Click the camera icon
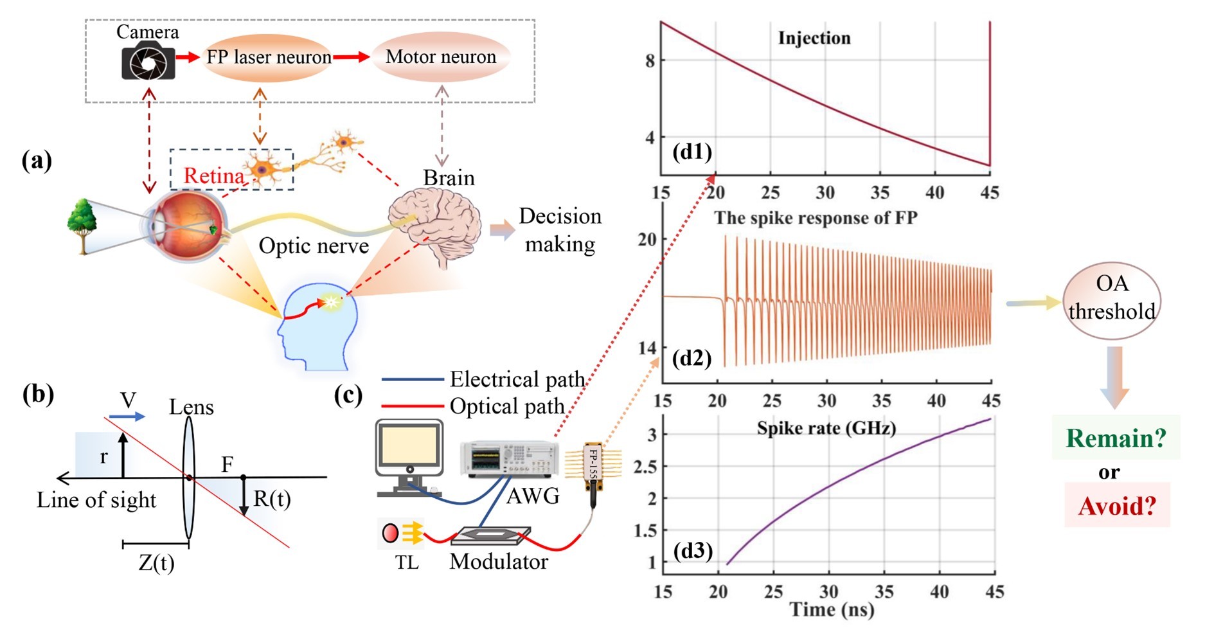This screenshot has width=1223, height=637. pos(148,62)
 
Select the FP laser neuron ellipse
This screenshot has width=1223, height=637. pos(268,58)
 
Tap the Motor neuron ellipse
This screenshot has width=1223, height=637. pos(441,57)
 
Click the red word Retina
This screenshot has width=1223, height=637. pos(213,175)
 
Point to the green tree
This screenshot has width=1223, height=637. pos(82,224)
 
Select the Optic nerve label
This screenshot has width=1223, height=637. pos(314,246)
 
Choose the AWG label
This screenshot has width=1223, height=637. pos(533,496)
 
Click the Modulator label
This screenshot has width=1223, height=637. pos(499,562)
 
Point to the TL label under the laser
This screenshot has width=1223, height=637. pos(407,563)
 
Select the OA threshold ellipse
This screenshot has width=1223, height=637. pos(1112,298)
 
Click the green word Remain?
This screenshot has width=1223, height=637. pos(1116,438)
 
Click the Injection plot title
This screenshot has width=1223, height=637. pos(814,39)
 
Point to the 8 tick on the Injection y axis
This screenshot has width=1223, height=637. pos(650,61)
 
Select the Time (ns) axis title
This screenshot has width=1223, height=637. pos(832,609)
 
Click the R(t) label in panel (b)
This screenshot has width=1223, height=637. pos(272,499)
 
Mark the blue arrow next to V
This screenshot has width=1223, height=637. pos(127,417)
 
